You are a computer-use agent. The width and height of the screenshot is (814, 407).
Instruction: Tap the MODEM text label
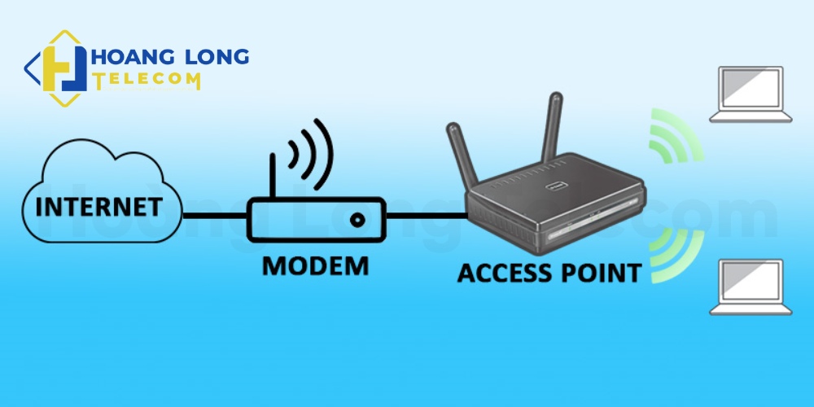coord(314,265)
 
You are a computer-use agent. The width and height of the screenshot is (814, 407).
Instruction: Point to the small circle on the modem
coord(356,219)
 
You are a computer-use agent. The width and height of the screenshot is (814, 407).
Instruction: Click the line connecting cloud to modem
coord(213,217)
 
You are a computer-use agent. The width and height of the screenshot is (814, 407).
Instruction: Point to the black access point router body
coord(554,212)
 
